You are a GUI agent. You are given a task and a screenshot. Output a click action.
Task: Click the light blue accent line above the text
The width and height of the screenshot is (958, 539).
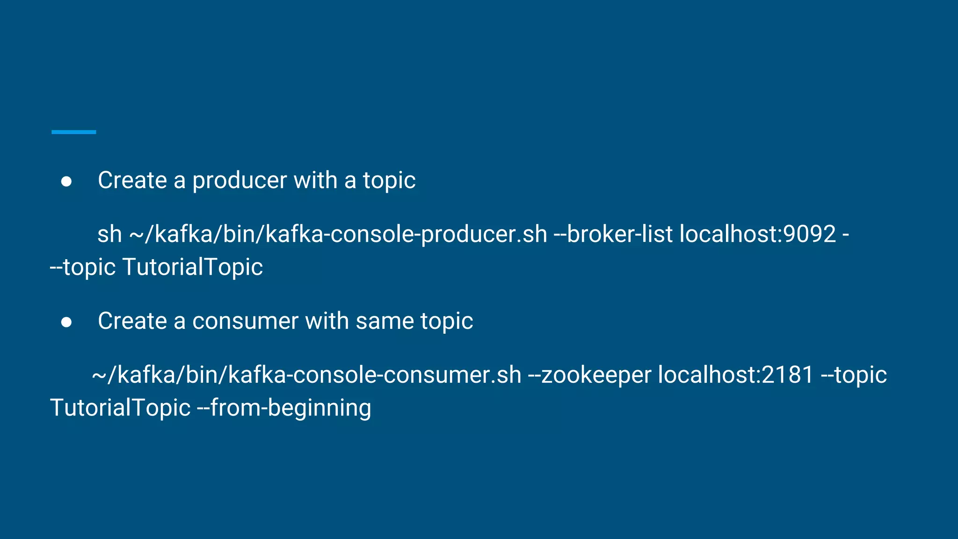(73, 132)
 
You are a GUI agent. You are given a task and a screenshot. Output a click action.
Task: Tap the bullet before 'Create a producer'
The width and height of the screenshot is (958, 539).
(66, 182)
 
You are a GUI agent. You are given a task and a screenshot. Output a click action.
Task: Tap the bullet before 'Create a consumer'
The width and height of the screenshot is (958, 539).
(66, 322)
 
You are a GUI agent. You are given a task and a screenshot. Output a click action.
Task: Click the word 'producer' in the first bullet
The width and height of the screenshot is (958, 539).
(239, 181)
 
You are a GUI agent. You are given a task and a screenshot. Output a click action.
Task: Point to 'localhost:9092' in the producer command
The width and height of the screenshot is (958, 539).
(757, 234)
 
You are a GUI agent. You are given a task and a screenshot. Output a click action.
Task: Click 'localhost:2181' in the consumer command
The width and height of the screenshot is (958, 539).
(736, 375)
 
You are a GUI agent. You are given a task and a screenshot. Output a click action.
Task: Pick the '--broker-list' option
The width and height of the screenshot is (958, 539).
(613, 234)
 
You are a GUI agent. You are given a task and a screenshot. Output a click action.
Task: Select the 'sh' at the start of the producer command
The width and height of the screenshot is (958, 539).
(109, 234)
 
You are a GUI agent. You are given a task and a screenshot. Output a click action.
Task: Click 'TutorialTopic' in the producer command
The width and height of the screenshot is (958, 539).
(192, 267)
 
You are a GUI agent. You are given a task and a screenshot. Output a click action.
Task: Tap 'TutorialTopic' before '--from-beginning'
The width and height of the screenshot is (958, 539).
(120, 408)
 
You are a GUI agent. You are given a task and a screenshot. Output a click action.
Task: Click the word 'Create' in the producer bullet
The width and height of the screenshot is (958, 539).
(132, 181)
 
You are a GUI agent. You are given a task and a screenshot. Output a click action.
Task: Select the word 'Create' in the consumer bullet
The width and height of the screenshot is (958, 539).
(132, 321)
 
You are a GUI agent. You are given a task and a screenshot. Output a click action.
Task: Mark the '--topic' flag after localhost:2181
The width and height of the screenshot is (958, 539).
(854, 375)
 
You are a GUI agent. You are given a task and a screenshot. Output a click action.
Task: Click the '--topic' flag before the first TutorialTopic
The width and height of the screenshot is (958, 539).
(83, 268)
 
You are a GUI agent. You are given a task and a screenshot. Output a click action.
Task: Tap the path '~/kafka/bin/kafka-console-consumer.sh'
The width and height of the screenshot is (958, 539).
(306, 375)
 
